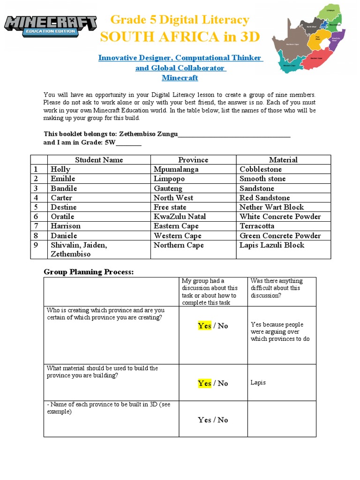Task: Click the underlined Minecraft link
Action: coord(180,78)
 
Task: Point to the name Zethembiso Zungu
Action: coord(149,134)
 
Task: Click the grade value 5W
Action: coord(110,142)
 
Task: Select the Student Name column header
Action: coord(99,160)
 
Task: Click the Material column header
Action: coord(283,160)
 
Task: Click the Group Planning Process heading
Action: coord(89,272)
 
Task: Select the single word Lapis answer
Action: coord(258,382)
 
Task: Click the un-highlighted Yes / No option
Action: coord(213,420)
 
